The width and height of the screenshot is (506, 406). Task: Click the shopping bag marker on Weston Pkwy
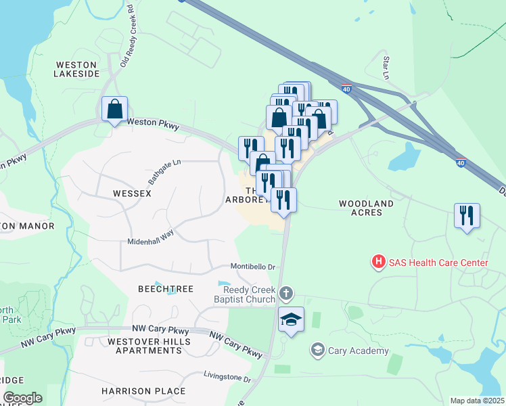click(x=114, y=108)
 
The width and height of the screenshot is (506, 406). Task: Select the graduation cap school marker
click(x=291, y=319)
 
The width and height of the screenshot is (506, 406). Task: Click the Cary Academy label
click(x=358, y=351)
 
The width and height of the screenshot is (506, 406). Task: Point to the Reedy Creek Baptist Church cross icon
click(x=286, y=293)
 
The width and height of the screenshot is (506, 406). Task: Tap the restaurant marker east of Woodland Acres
click(x=467, y=216)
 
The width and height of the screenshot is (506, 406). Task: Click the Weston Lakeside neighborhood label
click(x=76, y=68)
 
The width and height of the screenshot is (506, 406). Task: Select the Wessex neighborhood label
click(x=133, y=194)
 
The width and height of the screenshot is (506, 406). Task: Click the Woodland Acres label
click(x=366, y=208)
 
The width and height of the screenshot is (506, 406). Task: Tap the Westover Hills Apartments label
click(x=149, y=346)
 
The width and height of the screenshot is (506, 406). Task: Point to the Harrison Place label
click(x=143, y=391)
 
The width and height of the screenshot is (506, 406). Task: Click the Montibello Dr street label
click(x=252, y=267)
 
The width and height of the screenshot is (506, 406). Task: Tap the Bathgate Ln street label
click(x=165, y=173)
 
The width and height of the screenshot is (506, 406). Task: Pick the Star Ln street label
click(x=386, y=66)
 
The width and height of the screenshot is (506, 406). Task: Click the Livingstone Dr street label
click(x=227, y=377)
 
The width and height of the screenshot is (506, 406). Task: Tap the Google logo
click(x=22, y=398)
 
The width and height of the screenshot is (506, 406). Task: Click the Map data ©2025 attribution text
click(x=478, y=401)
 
